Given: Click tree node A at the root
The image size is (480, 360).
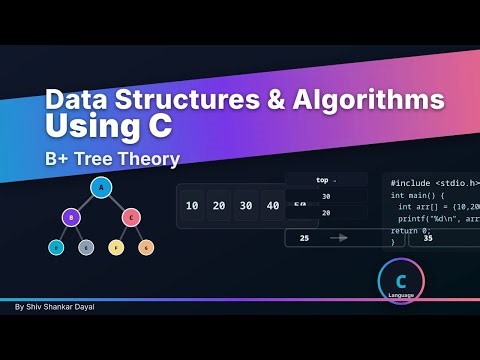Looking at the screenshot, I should [99, 187].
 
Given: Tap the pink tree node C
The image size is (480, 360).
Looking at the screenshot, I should [130, 215].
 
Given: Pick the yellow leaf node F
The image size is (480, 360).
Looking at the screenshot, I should [116, 246].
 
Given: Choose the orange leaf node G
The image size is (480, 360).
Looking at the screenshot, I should [146, 246].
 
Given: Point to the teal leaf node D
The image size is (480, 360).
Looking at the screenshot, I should [56, 246].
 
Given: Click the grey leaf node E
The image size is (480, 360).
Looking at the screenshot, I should [86, 246].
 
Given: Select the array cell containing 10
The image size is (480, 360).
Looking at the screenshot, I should [192, 206].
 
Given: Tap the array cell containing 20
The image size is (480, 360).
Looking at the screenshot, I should [218, 206].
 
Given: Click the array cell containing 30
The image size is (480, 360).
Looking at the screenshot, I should [244, 206].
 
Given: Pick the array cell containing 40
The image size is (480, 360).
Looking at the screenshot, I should [270, 206].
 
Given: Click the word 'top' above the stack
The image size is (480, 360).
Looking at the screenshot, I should [322, 181].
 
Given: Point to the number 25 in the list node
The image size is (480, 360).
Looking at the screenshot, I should [304, 238].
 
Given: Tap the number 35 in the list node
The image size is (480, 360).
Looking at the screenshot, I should [428, 238].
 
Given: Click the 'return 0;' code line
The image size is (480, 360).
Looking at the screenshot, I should [411, 229].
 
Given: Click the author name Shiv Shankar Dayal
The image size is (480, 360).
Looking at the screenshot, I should [55, 307].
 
